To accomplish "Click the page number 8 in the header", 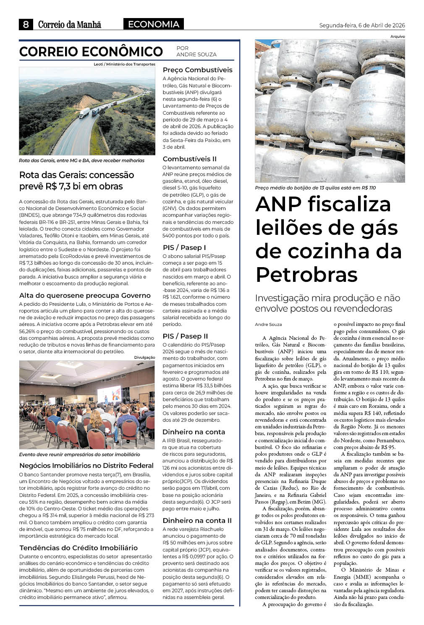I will click(26, 24).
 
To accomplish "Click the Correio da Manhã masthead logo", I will click(70, 25).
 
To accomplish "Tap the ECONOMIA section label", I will click(153, 24).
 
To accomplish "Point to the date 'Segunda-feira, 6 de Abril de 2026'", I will click(362, 25).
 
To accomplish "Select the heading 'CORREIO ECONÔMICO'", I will click(91, 52).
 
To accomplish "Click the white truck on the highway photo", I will click(84, 113).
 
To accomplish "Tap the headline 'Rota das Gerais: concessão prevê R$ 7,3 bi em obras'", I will click(77, 181).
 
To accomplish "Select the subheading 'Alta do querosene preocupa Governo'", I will click(85, 295).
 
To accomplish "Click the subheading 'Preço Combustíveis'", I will click(197, 70).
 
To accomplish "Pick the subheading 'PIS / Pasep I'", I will click(184, 247).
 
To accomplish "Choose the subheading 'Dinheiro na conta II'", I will click(197, 520).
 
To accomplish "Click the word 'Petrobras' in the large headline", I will click(306, 274).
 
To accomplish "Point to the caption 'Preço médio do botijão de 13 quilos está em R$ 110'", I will click(315, 188).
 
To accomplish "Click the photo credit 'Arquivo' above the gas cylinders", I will click(398, 37).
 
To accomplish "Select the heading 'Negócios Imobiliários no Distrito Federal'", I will click(86, 465).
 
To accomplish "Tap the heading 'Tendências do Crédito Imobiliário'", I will click(79, 548).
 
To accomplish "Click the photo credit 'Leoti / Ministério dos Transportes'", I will click(125, 64).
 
